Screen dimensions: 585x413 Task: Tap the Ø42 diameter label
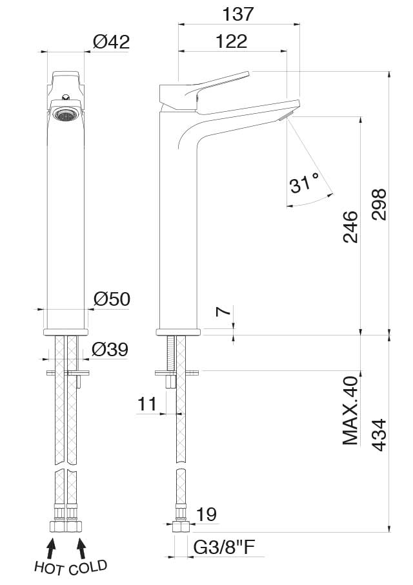(111, 42)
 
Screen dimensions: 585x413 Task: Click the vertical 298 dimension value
(379, 204)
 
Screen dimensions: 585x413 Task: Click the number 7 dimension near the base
(221, 312)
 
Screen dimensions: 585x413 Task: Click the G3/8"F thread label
(225, 548)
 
